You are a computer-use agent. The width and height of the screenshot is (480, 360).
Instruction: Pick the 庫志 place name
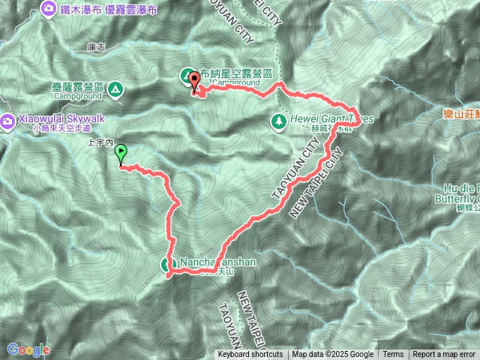click(x=95, y=46)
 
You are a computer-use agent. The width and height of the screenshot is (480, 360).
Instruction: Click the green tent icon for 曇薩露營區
click(x=115, y=91)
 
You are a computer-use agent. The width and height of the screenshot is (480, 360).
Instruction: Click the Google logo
click(x=28, y=349)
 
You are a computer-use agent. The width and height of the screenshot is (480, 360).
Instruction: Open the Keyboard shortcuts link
click(x=250, y=355)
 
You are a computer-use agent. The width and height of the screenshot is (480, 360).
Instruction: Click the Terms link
click(x=393, y=355)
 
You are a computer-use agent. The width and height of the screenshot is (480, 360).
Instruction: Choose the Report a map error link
click(x=444, y=355)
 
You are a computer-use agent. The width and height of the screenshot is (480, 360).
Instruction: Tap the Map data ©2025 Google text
click(x=333, y=355)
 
